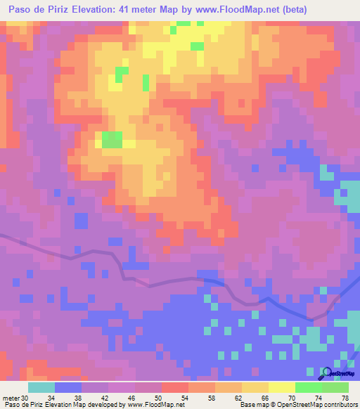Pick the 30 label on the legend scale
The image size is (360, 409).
coord(27,398)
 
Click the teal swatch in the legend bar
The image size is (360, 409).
coord(41,387)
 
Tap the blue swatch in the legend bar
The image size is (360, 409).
coord(68,387)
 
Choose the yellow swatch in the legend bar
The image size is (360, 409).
coord(255,387)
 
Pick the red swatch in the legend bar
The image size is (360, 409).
coord(174,387)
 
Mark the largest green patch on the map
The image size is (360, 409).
coord(112,140)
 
